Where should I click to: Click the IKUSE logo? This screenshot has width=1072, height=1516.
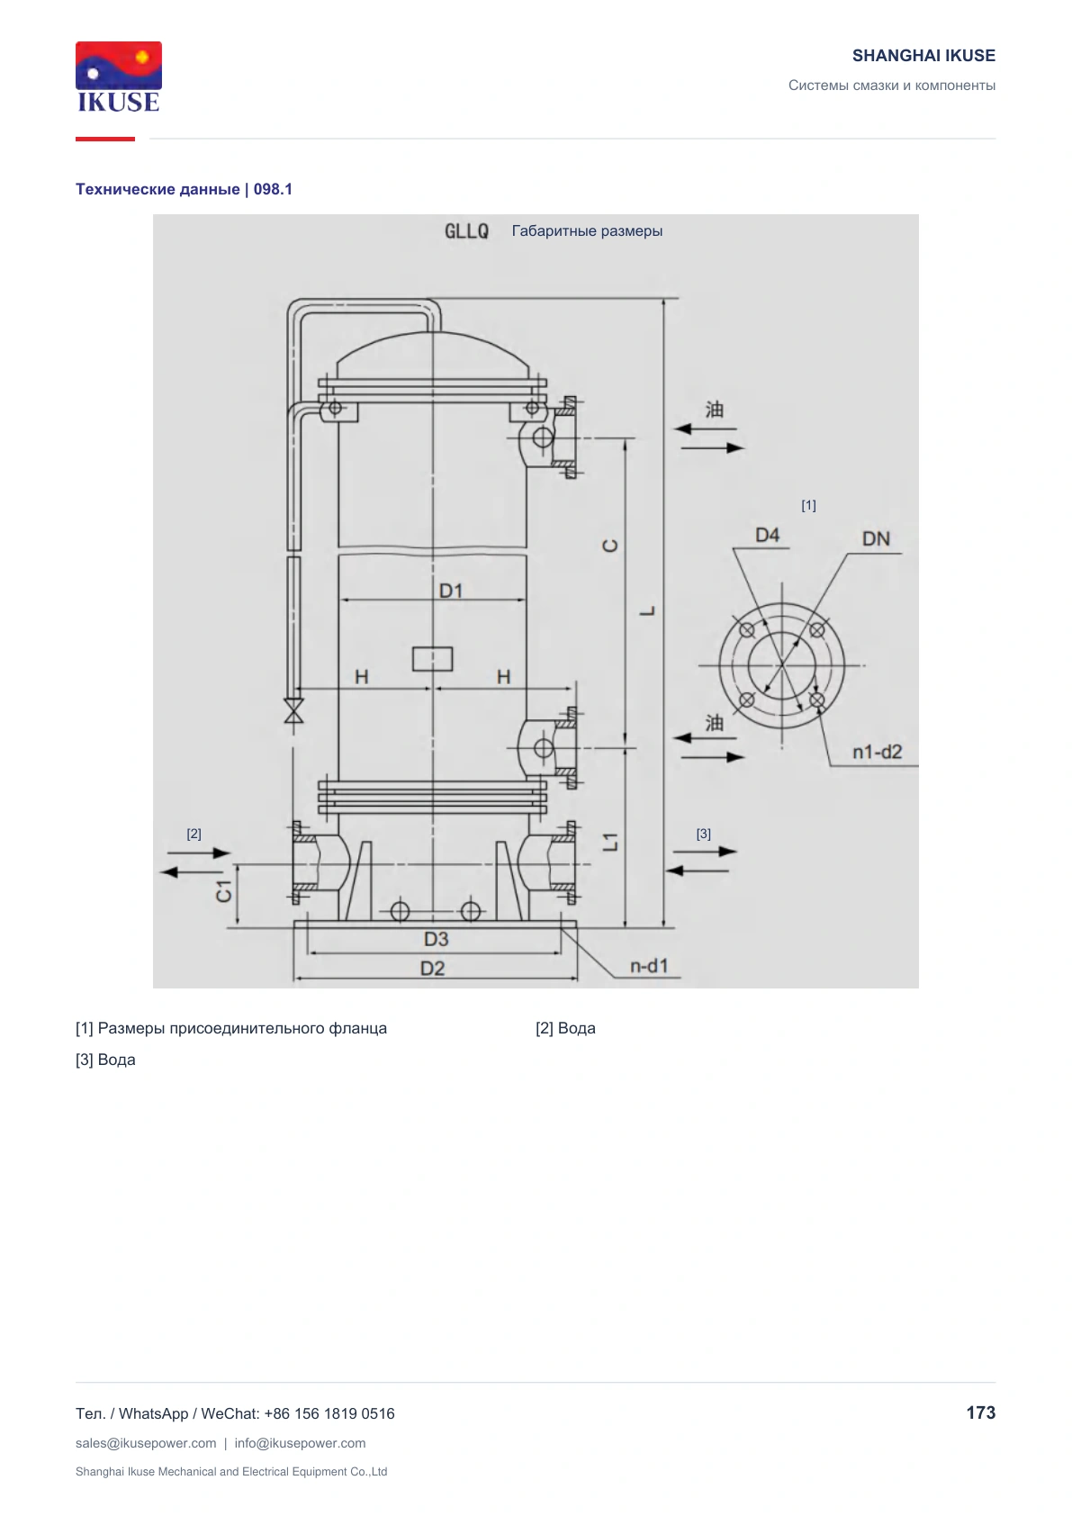point(119,77)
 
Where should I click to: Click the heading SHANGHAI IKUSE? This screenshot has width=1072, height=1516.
point(923,56)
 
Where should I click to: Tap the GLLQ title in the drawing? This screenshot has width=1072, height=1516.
point(466,231)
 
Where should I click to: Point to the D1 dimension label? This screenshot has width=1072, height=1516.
point(451,591)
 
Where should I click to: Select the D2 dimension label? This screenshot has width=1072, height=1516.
point(432,969)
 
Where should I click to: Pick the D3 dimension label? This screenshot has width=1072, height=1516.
point(436,939)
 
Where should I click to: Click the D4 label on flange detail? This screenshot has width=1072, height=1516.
point(767,536)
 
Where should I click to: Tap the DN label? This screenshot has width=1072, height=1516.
point(875,538)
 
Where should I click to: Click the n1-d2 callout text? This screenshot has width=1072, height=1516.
point(877,752)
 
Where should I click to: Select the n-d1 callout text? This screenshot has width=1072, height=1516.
point(649,966)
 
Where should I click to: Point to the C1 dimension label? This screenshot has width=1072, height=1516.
point(224,892)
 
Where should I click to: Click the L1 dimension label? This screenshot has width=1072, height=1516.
point(610,842)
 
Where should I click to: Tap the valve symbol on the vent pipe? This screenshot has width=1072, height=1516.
point(293,710)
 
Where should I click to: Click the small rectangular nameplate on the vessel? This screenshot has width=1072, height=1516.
point(432,658)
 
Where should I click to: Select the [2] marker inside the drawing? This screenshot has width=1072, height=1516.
point(194,834)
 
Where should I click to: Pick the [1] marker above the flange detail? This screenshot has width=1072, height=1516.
point(809,506)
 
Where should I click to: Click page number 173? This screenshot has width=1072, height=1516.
point(980,1412)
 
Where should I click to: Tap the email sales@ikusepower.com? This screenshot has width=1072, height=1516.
point(146,1443)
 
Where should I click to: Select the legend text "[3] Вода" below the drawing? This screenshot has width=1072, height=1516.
point(105,1060)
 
